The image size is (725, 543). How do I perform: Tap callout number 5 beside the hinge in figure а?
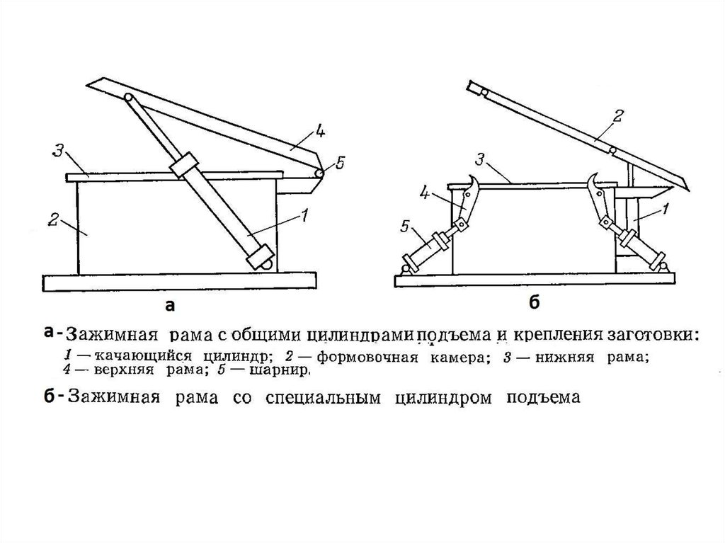pyautogui.click(x=339, y=164)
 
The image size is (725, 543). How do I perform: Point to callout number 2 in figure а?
pyautogui.click(x=52, y=221)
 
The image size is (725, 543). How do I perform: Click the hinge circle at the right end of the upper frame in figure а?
pyautogui.click(x=319, y=173)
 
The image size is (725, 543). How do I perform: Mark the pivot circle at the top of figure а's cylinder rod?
pyautogui.click(x=128, y=98)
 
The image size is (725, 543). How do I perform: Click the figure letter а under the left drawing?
pyautogui.click(x=169, y=306)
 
